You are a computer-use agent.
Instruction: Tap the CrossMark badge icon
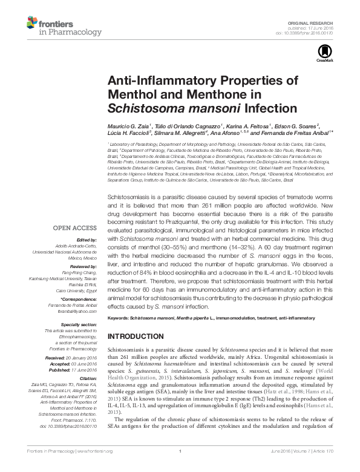point(321,57)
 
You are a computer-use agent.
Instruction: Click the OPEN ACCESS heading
point(74,228)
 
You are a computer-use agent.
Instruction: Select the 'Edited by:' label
point(85,240)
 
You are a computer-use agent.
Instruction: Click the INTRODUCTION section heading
point(136,336)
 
